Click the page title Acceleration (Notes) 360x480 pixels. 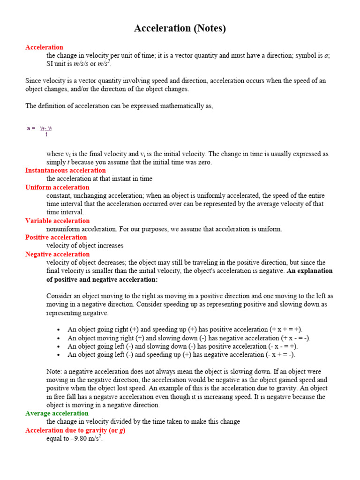tap(180, 29)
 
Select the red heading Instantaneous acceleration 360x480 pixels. tap(65, 170)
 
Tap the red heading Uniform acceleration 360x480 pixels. tap(57, 187)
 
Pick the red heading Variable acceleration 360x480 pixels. tap(57, 221)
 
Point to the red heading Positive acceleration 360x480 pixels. tap(56, 237)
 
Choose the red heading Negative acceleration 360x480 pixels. tap(57, 254)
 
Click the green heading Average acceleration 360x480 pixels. tap(57, 413)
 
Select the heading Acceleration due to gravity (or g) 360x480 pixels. tap(75, 430)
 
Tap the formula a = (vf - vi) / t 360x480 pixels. tap(40, 129)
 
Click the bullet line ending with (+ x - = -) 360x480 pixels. tap(189, 338)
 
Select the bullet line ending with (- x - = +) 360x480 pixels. tap(182, 346)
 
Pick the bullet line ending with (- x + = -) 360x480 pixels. tap(181, 355)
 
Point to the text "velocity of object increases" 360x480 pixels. tap(85, 246)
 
